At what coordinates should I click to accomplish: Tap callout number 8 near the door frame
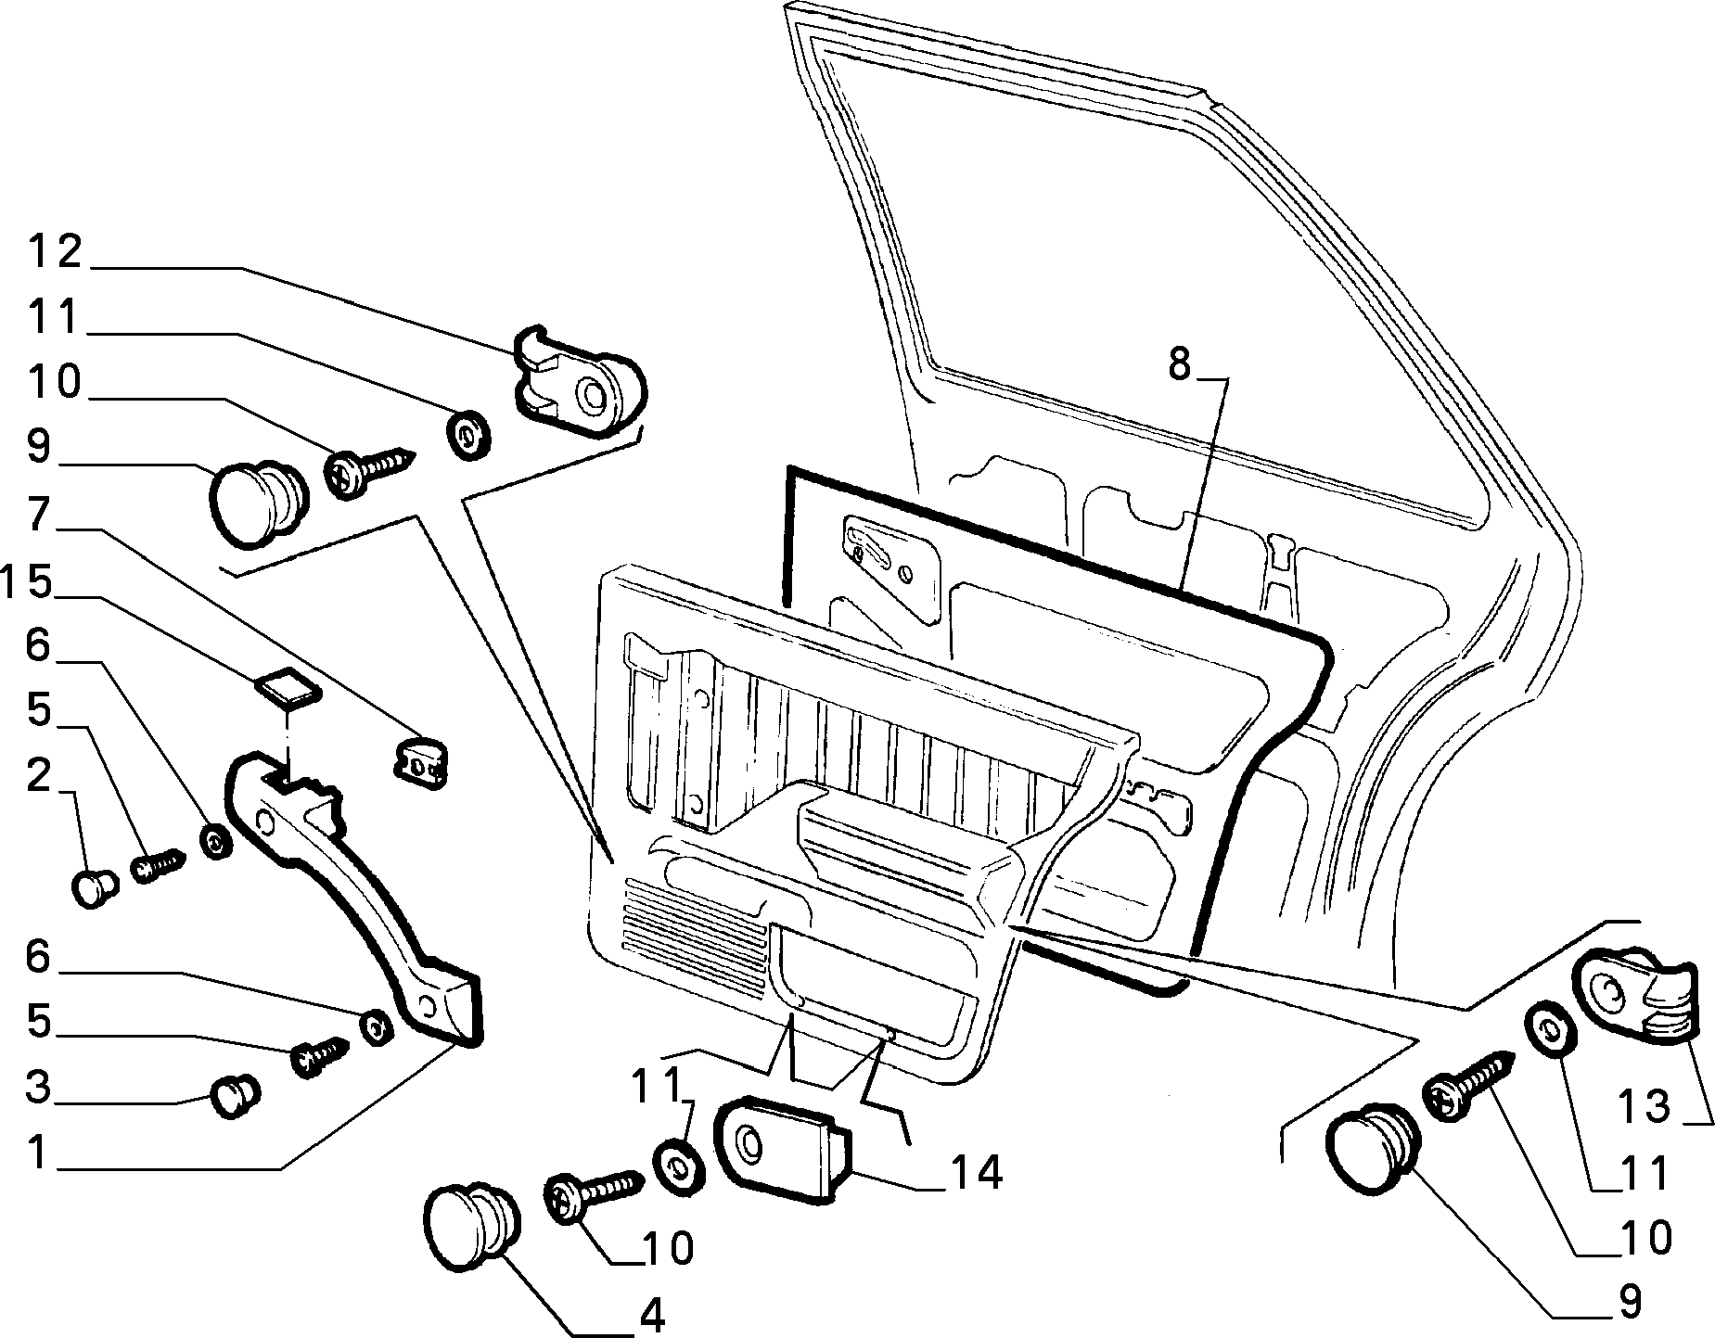click(1178, 364)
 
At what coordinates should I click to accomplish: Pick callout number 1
click(37, 1153)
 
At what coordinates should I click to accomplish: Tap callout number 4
click(652, 1316)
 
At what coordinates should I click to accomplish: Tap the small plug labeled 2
click(93, 888)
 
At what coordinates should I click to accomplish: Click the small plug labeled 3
click(237, 1097)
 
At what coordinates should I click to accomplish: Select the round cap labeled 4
click(470, 1224)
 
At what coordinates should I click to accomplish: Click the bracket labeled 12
click(577, 381)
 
